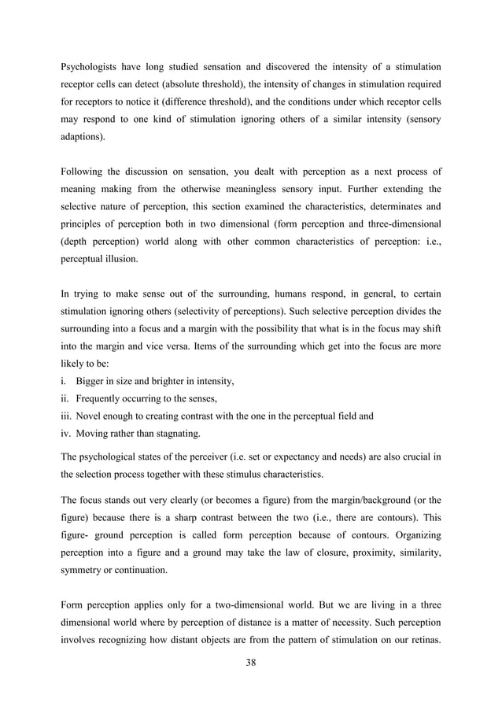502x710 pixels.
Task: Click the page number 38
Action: pos(250,662)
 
